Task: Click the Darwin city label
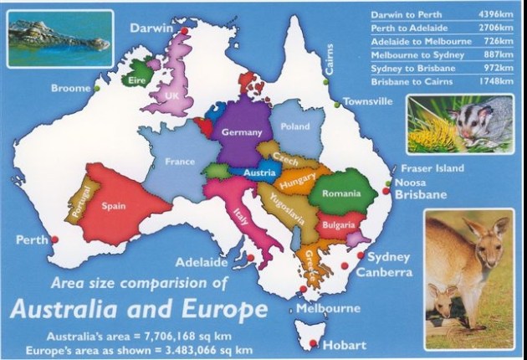(x=151, y=28)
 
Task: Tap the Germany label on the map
(x=241, y=132)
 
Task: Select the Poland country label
(x=295, y=127)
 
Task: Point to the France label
(x=180, y=162)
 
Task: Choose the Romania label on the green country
(x=341, y=193)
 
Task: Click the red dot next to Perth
(x=55, y=239)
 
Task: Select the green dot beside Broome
(x=98, y=88)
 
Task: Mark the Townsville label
(x=367, y=102)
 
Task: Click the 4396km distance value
(x=494, y=14)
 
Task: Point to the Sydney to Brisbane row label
(x=407, y=68)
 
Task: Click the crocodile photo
(x=59, y=38)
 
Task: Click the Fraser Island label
(x=432, y=168)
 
